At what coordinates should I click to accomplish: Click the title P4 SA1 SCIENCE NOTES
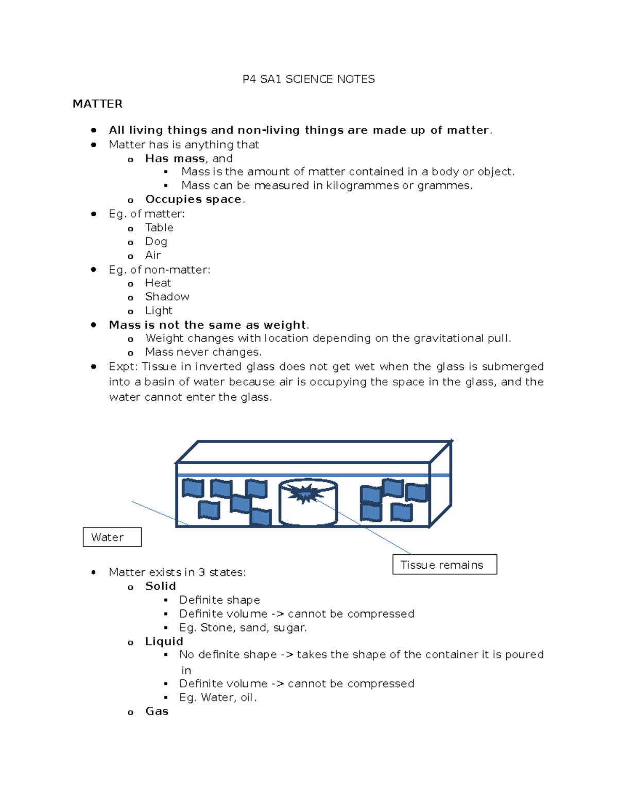(x=308, y=79)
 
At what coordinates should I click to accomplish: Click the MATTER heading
(x=97, y=104)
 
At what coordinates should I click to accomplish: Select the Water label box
(x=112, y=537)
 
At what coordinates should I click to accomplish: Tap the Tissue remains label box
(x=444, y=565)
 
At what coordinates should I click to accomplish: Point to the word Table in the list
(x=159, y=228)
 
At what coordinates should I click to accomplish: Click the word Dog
(x=156, y=242)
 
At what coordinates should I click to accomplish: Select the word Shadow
(x=167, y=297)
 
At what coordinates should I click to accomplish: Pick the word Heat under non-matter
(x=158, y=283)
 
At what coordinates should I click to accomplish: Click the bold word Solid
(x=161, y=586)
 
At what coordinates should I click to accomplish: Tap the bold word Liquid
(x=164, y=641)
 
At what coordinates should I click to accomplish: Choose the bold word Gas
(x=157, y=711)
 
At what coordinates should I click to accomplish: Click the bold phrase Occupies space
(x=193, y=199)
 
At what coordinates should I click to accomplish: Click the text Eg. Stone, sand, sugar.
(x=243, y=627)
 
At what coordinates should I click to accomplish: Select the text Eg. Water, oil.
(x=218, y=697)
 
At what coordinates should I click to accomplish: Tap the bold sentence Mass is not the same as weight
(x=208, y=325)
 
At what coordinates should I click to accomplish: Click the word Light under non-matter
(x=159, y=311)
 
